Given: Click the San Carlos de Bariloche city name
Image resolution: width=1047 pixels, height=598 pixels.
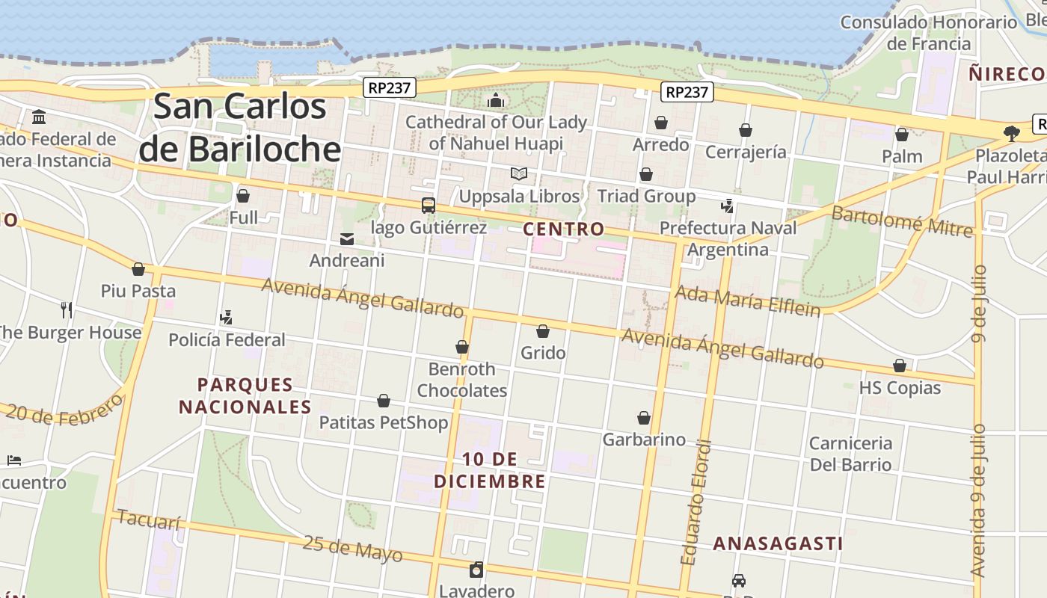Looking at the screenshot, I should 241,128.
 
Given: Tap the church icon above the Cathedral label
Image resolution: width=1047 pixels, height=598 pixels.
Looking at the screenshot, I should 496,100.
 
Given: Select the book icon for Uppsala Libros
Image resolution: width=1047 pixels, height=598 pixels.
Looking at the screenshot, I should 519,174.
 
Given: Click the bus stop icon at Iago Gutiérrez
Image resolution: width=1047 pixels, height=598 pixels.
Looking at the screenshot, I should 429,205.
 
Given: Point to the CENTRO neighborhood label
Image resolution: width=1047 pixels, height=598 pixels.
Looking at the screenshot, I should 563,229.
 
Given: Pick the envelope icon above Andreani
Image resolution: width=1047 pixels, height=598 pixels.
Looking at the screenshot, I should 347,239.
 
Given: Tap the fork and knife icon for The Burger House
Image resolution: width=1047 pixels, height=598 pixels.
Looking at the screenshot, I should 67,310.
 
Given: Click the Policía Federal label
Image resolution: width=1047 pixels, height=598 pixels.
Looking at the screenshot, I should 227,340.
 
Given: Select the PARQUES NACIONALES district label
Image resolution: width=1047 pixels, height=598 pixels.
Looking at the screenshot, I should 245,396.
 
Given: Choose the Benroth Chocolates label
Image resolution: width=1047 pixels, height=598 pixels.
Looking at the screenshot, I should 461,380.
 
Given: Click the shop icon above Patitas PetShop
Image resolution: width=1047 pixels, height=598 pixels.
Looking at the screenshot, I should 384,401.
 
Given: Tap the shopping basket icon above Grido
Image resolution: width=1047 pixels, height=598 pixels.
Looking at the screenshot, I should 543,331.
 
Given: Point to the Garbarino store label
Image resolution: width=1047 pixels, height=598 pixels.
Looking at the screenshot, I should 644,440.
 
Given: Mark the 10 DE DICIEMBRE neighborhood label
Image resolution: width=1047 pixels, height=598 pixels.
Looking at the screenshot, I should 490,470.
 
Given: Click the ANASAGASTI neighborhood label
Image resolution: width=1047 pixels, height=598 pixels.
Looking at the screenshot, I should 778,543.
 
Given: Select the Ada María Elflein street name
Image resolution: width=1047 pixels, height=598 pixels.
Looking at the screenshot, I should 747,300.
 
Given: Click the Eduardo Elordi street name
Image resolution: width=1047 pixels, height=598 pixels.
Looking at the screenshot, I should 696,502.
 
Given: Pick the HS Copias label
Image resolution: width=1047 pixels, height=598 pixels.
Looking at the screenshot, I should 900,388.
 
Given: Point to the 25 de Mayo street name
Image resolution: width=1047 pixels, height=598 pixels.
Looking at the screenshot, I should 352,549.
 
